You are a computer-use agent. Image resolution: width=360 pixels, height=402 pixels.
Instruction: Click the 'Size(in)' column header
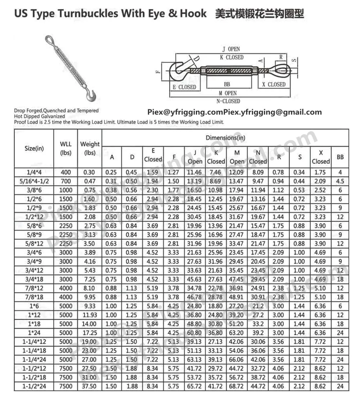click(x=34, y=148)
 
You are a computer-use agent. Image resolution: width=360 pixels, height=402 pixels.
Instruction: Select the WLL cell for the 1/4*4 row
click(x=66, y=172)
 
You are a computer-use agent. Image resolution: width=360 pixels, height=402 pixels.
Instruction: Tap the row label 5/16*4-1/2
click(x=34, y=181)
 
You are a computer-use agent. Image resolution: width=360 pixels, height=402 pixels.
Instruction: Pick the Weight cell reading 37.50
click(x=90, y=387)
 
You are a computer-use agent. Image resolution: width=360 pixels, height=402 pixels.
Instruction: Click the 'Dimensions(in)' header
click(x=225, y=138)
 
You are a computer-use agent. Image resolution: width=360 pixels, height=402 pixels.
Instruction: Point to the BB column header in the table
click(x=340, y=157)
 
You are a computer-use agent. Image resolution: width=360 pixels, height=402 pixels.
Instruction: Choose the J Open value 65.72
click(x=195, y=387)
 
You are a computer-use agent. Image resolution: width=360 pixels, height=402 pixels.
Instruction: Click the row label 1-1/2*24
click(x=34, y=387)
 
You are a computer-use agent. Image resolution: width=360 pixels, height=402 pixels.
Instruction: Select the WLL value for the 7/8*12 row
click(x=66, y=288)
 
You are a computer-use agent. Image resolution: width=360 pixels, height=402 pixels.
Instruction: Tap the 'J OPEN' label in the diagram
click(x=231, y=49)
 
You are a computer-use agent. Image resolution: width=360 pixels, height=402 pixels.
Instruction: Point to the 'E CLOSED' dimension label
click(x=184, y=87)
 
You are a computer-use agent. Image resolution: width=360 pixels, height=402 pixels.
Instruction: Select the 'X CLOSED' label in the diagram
click(x=274, y=84)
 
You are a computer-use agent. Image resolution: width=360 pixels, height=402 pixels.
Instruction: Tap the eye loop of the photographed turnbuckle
click(x=49, y=40)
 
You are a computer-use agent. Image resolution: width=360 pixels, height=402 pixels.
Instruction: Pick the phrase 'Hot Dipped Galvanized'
click(x=40, y=117)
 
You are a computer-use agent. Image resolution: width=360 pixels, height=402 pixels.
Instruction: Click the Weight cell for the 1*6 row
click(x=90, y=306)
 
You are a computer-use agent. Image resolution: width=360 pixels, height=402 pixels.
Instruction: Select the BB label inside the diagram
click(x=227, y=84)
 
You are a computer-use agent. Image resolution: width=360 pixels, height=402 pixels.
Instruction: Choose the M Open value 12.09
click(x=237, y=172)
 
